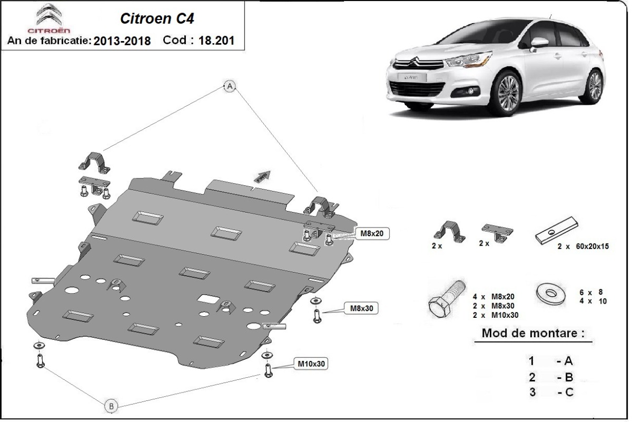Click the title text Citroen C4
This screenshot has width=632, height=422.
click(x=150, y=18)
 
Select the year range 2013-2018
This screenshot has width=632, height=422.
click(x=122, y=41)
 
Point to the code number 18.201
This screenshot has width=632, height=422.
click(x=216, y=41)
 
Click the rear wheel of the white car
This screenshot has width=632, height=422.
click(x=594, y=85)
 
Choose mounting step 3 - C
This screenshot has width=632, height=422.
click(x=550, y=392)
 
